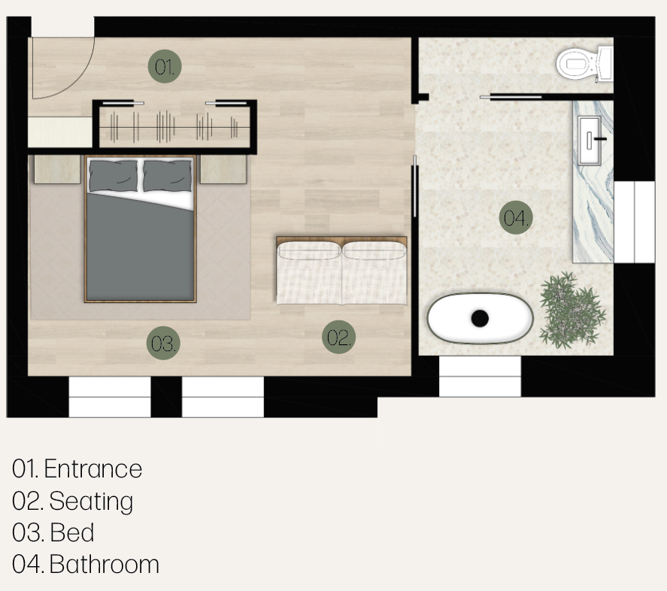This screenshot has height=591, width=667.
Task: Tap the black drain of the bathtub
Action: (480, 318)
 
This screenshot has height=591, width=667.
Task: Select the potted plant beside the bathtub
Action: (571, 311)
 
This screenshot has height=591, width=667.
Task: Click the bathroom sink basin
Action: (590, 140)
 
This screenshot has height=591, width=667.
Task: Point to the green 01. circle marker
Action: (165, 66)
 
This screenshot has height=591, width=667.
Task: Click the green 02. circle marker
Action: (338, 337)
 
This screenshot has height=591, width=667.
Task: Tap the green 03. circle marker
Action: (163, 343)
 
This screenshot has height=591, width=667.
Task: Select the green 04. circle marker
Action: (516, 217)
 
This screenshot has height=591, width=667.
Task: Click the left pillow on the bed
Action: (114, 176)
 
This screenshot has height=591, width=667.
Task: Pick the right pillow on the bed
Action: (167, 176)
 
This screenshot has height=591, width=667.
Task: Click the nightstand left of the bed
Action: (57, 169)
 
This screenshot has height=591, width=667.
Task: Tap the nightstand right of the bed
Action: (223, 169)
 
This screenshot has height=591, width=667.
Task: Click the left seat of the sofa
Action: (309, 273)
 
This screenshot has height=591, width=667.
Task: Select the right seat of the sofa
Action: (374, 273)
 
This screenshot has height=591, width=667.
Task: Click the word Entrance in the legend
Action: (93, 469)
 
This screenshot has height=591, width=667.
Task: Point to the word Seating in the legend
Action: (91, 502)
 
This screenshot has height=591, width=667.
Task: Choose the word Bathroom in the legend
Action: (105, 565)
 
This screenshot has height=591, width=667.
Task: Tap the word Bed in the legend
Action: (72, 532)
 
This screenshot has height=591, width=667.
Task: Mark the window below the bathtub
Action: (480, 376)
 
